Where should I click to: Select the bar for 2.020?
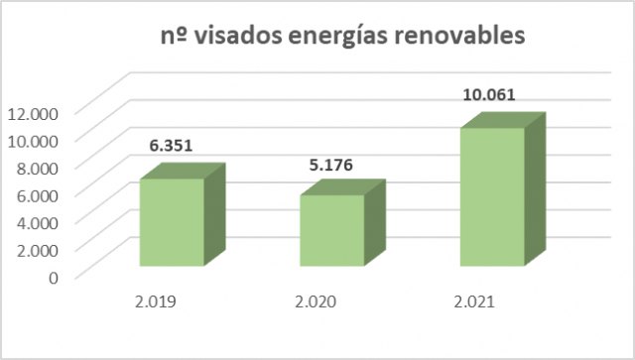(x=332, y=230)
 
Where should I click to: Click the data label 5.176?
(x=331, y=164)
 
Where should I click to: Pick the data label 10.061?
(x=491, y=96)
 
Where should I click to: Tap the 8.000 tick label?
(x=38, y=167)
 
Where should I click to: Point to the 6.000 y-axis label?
(x=38, y=193)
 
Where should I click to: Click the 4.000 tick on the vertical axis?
(x=38, y=221)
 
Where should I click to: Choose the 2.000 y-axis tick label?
(x=38, y=248)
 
